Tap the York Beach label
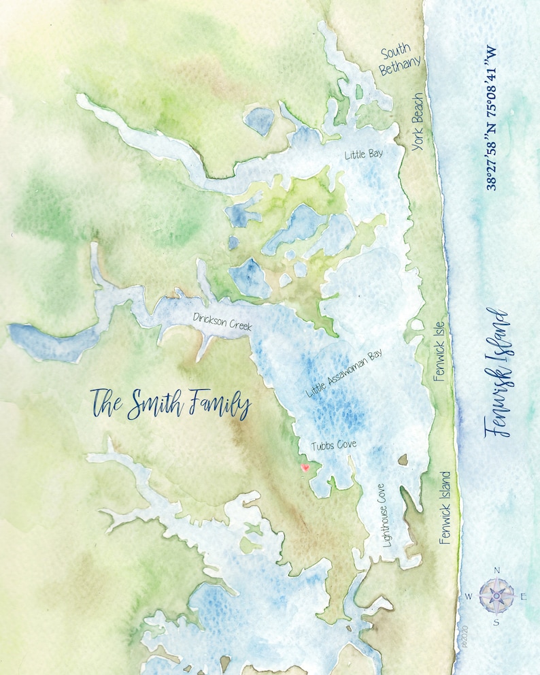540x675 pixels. [418, 122]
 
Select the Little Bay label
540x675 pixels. [364, 154]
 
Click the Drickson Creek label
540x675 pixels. [222, 322]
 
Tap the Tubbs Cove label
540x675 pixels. [334, 445]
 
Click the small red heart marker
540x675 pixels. [305, 467]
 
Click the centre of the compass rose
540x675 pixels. [496, 595]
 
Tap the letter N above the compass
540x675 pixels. [496, 571]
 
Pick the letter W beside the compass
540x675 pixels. [469, 597]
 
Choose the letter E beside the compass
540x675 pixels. [523, 597]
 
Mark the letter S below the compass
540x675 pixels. [496, 621]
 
